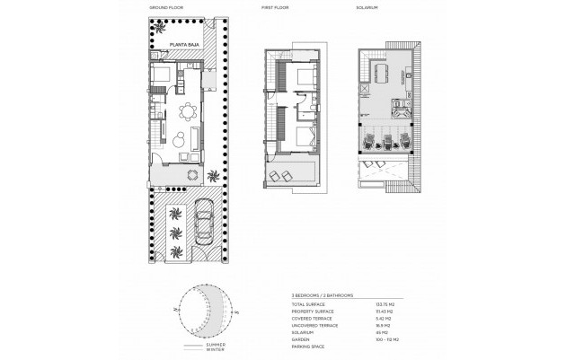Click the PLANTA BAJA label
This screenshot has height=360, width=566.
click(171, 55)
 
